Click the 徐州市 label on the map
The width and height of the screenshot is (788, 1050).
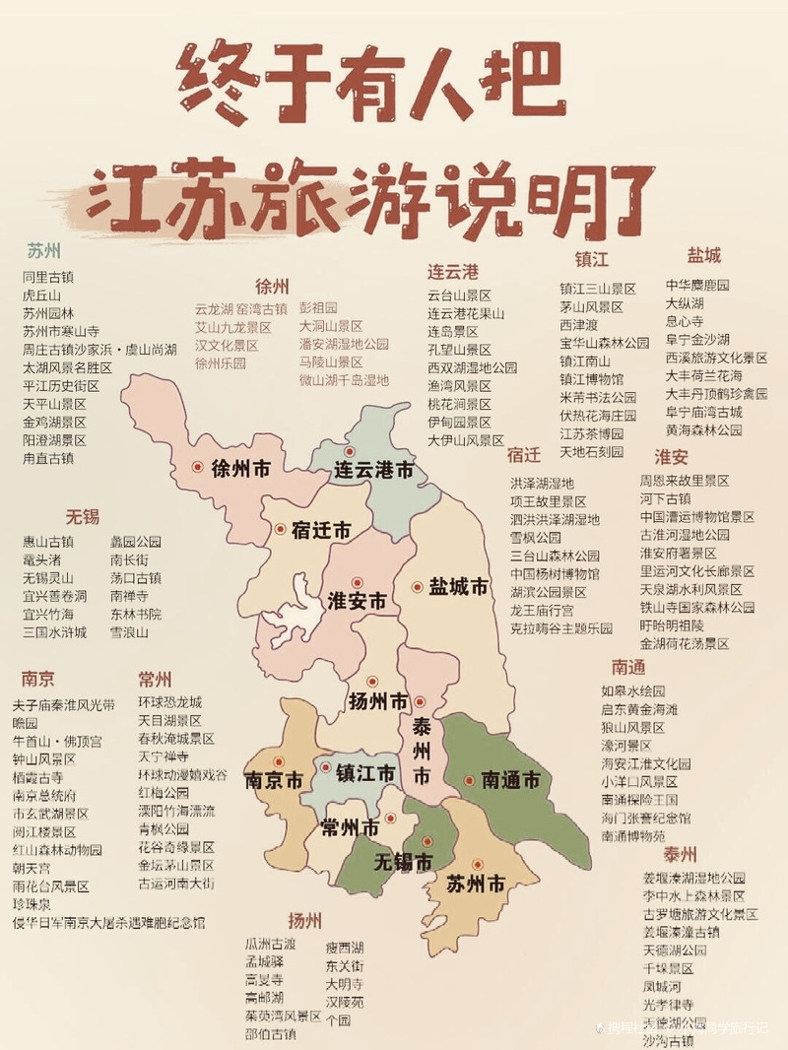(x=240, y=470)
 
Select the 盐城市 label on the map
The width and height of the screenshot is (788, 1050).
(x=458, y=587)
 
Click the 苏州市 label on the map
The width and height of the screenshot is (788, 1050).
(x=476, y=885)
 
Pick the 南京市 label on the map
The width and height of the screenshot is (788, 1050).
(x=274, y=781)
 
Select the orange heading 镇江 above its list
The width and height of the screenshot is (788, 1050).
(x=592, y=259)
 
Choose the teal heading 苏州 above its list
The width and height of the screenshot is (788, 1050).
(x=44, y=249)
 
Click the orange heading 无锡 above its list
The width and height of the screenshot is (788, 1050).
(x=83, y=516)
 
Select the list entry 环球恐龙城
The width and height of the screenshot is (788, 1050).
(x=169, y=702)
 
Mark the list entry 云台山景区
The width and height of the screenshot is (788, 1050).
(x=459, y=295)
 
